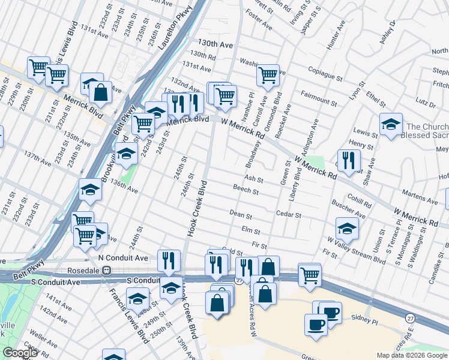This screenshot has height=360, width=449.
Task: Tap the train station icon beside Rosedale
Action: (106, 270)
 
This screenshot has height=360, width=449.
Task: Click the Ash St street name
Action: (254, 179)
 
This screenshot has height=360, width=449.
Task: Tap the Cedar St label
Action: (288, 214)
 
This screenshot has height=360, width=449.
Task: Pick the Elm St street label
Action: (250, 230)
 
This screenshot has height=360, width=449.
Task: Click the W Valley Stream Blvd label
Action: (357, 251)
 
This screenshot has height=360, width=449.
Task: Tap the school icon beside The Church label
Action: (391, 124)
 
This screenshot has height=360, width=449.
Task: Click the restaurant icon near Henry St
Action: (349, 160)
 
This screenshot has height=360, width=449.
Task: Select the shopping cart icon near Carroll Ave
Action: (268, 75)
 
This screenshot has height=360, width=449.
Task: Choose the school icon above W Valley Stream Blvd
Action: (347, 228)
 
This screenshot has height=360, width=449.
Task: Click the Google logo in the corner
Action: (20, 353)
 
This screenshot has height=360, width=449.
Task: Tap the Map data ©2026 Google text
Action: (412, 355)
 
